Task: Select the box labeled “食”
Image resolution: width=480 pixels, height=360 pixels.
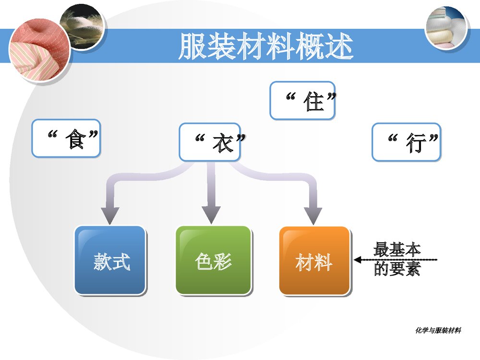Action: [x=66, y=138]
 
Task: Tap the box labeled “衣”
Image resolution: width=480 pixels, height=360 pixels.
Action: [x=210, y=142]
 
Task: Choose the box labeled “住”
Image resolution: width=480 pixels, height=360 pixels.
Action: [x=302, y=100]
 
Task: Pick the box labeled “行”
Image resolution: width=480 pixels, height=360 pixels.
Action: [x=406, y=142]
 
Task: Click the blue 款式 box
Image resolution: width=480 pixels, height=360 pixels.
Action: [x=110, y=260]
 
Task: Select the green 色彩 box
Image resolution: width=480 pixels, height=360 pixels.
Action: [x=213, y=260]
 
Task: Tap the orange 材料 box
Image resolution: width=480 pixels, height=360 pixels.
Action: [x=314, y=261]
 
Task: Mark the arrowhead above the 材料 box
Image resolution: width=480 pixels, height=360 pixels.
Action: [x=314, y=216]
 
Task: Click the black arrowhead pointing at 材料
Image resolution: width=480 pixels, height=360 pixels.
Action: [x=357, y=260]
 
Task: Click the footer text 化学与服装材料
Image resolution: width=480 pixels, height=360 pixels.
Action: [x=438, y=330]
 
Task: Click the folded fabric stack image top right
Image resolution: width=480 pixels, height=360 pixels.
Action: [x=446, y=28]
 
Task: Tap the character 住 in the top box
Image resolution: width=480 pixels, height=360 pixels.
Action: [x=314, y=101]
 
